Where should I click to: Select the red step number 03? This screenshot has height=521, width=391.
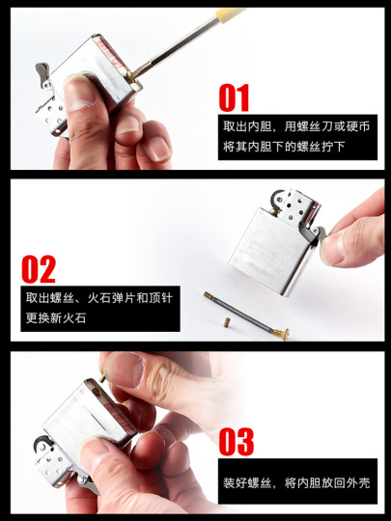[236, 441]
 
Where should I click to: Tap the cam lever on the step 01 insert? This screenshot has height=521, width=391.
[42, 71]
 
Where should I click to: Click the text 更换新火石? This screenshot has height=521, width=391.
[55, 317]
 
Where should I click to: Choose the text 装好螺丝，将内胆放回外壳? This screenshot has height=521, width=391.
[293, 482]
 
